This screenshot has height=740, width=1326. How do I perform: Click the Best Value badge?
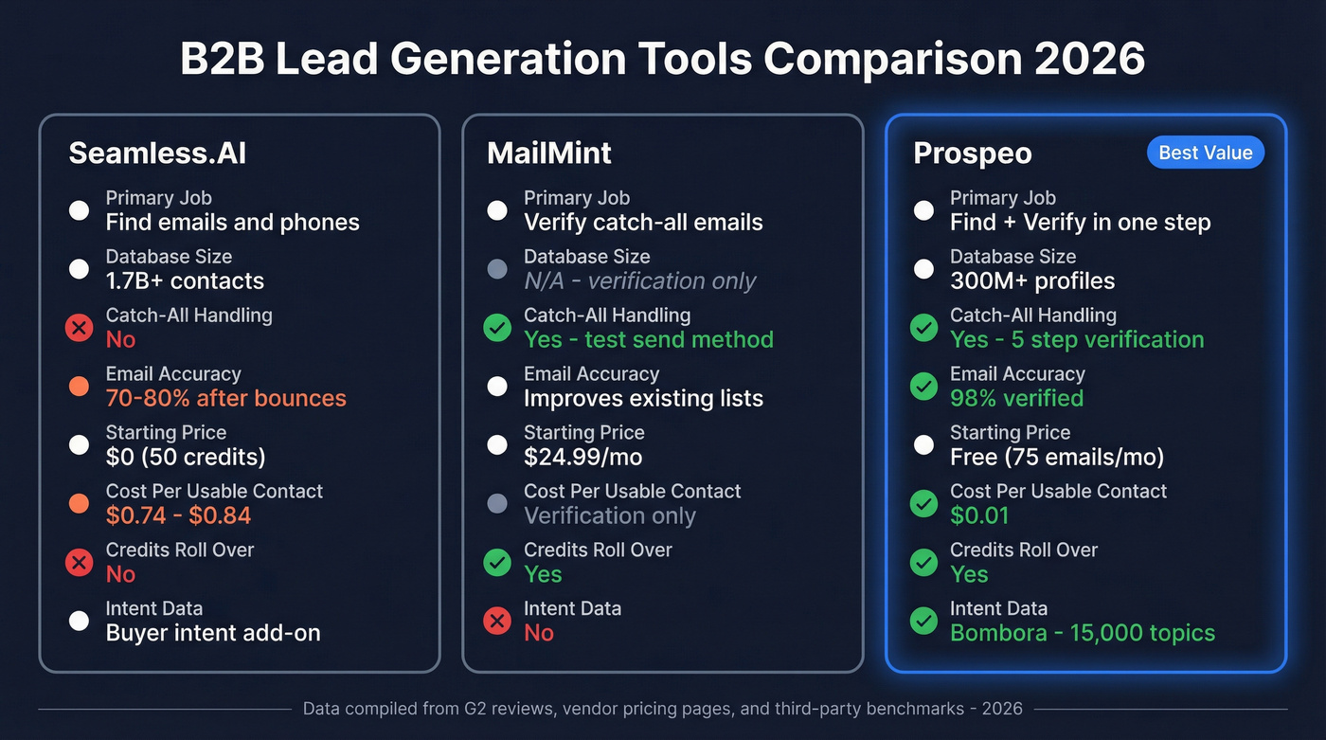pos(1205,153)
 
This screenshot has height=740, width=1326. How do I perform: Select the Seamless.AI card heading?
pos(157,153)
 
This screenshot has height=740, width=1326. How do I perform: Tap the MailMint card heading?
pos(549,153)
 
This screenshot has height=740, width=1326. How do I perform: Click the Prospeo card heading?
pos(972,153)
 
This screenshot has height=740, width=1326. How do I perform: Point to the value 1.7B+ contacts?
pos(185,281)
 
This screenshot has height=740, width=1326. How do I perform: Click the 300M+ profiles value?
pos(1032,281)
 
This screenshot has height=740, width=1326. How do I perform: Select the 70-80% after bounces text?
pos(225,399)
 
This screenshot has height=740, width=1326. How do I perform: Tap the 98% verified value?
pos(1016,399)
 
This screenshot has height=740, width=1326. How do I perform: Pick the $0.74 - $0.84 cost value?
pos(178,516)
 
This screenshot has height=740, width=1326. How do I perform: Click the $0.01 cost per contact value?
pos(979,516)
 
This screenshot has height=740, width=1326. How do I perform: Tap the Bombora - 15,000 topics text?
pos(1082,633)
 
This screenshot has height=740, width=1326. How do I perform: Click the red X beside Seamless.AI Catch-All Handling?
pos(79,328)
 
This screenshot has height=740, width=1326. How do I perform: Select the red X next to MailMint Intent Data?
pos(497,622)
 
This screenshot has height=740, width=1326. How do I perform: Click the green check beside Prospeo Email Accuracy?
pos(923,387)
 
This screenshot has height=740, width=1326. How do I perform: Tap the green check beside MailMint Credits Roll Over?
pos(497,563)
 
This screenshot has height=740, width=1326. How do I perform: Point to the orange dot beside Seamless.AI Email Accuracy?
pos(79,387)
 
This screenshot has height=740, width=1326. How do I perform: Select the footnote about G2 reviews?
pos(663,709)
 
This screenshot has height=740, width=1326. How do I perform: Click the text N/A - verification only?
pos(640,281)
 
